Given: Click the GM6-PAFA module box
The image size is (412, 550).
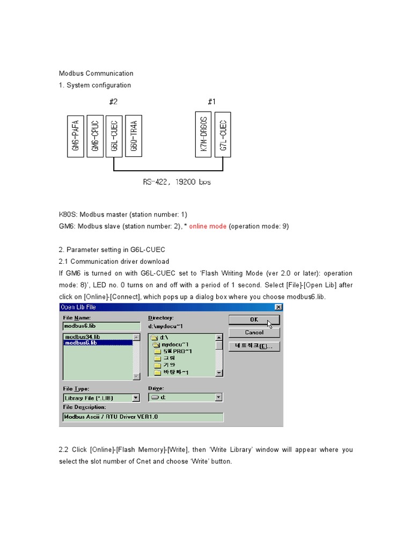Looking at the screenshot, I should point(76,136).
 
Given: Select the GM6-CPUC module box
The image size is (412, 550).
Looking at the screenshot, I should point(95,136).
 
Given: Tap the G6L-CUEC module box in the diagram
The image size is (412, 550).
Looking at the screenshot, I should point(114,136).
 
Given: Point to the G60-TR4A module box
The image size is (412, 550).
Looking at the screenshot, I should point(134,136).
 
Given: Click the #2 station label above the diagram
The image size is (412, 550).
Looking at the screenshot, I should point(113,102).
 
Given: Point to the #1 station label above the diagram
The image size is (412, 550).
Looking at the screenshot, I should point(212,102).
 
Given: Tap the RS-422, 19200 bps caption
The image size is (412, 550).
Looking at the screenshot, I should point(177,182).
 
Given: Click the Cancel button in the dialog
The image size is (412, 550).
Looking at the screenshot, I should point(254,332).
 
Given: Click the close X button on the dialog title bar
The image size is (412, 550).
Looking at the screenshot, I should point(278,307).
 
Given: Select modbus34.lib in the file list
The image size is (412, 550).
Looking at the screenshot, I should point(82,337).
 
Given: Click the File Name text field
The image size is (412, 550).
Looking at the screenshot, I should point(98,326).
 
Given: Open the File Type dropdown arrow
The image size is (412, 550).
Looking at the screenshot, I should point(136,398).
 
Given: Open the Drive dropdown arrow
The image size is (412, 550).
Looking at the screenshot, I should point(218,398).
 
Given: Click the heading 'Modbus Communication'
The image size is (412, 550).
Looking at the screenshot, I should point(96,74).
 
